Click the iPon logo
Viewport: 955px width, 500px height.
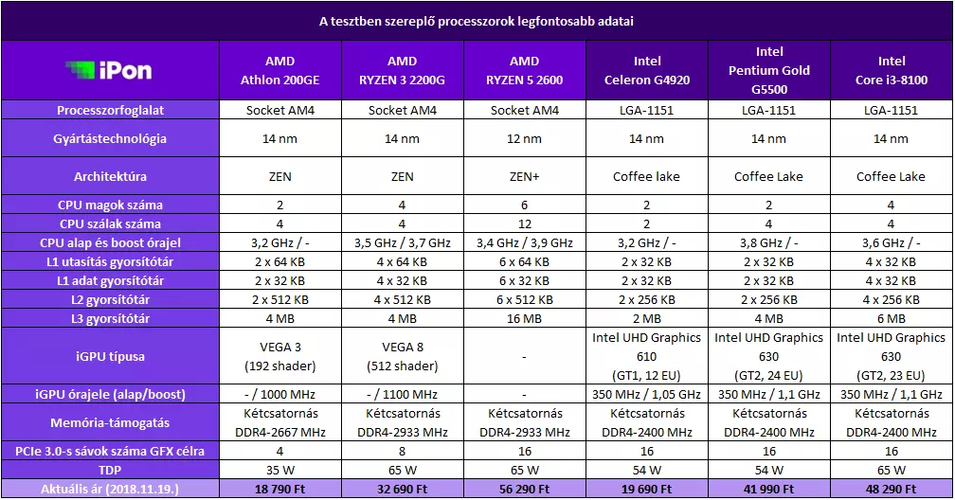coord(109,70)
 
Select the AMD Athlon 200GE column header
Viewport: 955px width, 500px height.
coord(280,70)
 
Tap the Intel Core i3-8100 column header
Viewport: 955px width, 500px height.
coord(891,70)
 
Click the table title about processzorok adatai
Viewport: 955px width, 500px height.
coord(477,22)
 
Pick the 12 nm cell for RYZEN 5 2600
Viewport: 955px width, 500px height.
coord(525,139)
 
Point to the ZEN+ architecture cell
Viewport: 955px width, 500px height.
coord(525,177)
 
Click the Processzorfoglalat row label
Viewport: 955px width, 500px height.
coord(110,110)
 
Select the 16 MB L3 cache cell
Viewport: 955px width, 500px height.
coord(525,318)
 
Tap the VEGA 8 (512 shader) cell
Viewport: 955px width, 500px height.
coord(403,356)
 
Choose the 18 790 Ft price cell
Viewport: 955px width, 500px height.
coord(280,489)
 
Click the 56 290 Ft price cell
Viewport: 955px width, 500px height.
coord(525,489)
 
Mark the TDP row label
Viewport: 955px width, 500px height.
coord(110,470)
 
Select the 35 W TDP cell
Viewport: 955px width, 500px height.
coord(280,470)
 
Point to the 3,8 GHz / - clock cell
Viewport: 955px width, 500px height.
coord(768,243)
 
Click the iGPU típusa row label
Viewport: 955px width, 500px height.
coord(110,356)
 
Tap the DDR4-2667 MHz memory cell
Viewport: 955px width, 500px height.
coord(280,433)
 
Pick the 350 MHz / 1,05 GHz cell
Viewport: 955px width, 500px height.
coord(647,395)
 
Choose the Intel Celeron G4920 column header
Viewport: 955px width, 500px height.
coord(647,70)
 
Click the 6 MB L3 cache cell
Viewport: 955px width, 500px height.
coord(891,318)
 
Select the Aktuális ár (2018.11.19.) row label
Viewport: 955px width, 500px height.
coord(110,489)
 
